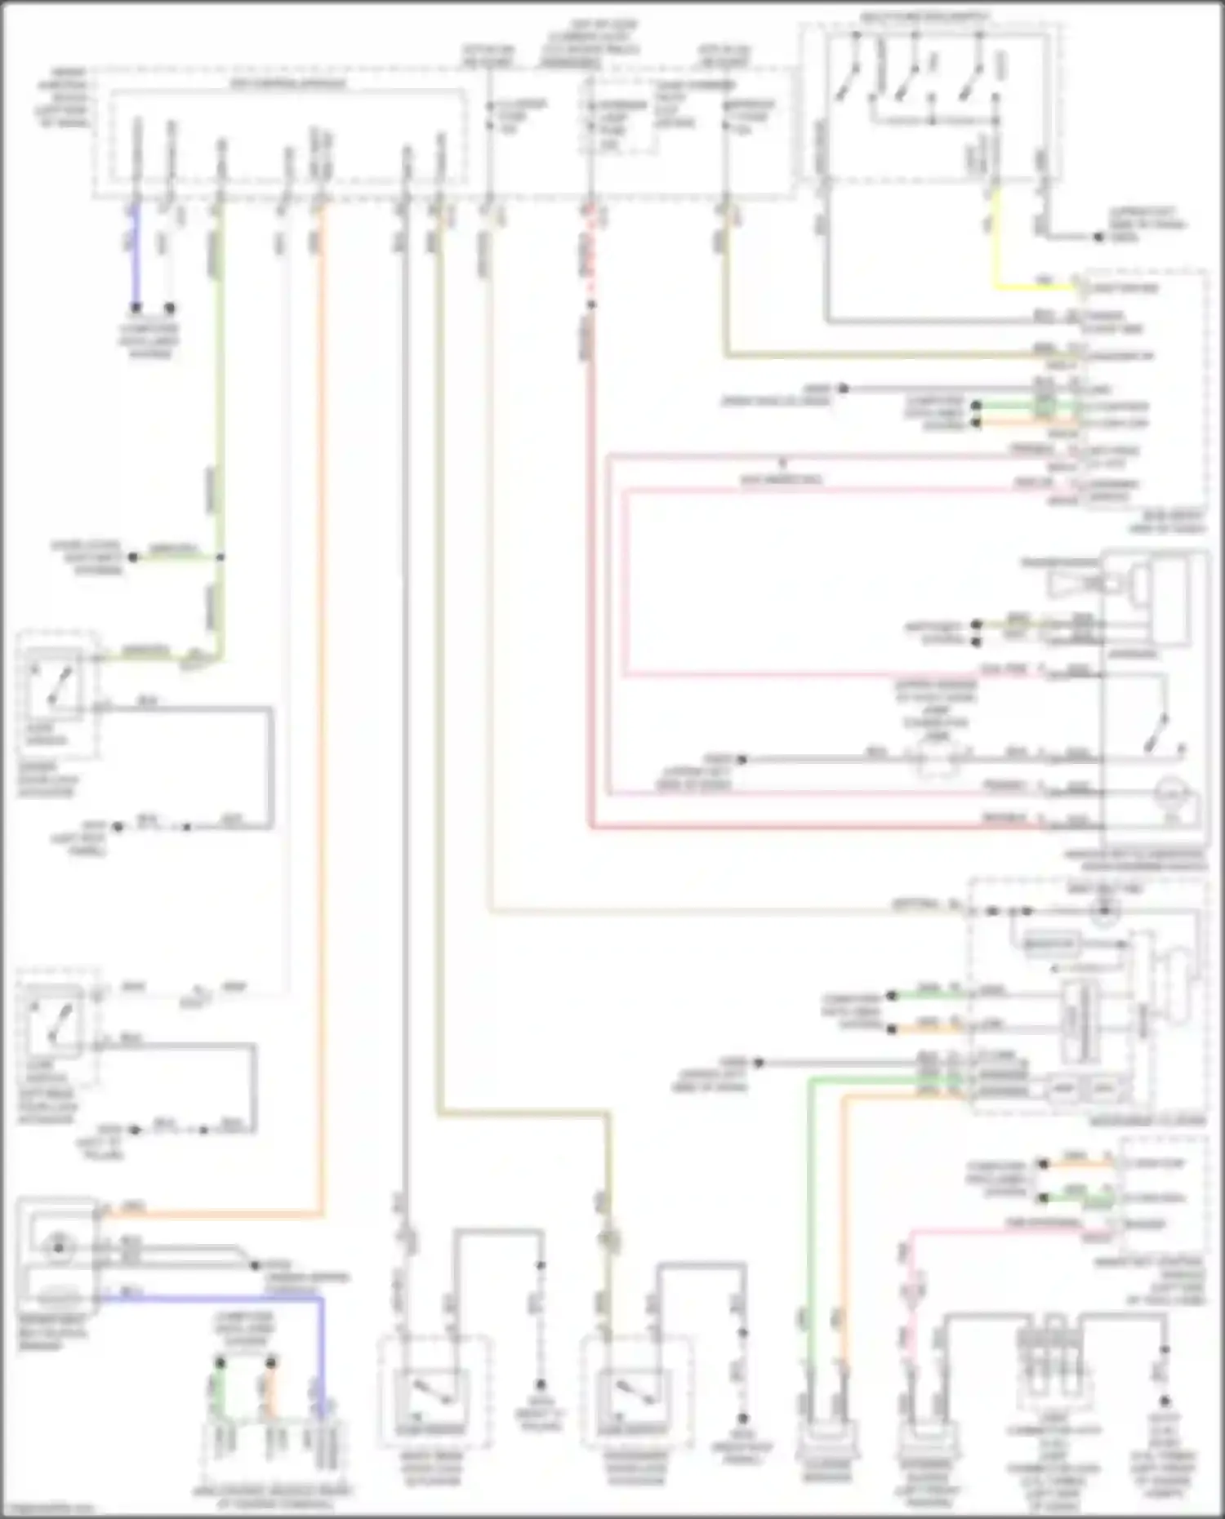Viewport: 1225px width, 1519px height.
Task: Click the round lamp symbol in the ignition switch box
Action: [1172, 791]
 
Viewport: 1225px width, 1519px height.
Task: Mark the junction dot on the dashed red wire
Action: [591, 305]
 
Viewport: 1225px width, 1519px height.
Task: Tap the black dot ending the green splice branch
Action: [133, 557]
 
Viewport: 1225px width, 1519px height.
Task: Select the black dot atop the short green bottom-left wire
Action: [220, 1364]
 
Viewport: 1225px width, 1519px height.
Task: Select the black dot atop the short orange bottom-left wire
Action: [271, 1364]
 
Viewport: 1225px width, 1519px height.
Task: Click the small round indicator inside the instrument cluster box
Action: [1104, 912]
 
